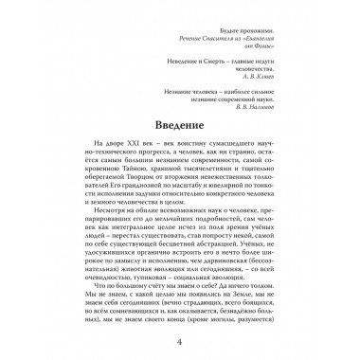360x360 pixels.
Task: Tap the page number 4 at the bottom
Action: [x=179, y=340]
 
